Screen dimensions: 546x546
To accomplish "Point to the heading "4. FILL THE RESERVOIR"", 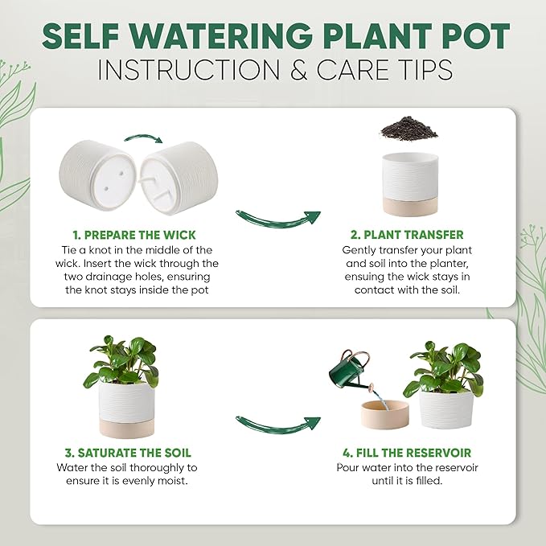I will pyautogui.click(x=404, y=452).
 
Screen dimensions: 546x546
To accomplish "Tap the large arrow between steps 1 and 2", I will pyautogui.click(x=277, y=220).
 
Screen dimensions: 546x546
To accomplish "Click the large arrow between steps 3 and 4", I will pyautogui.click(x=277, y=424).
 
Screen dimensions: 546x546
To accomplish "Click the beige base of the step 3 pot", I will pyautogui.click(x=126, y=423).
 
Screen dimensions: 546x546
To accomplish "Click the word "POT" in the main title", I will pyautogui.click(x=472, y=36).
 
